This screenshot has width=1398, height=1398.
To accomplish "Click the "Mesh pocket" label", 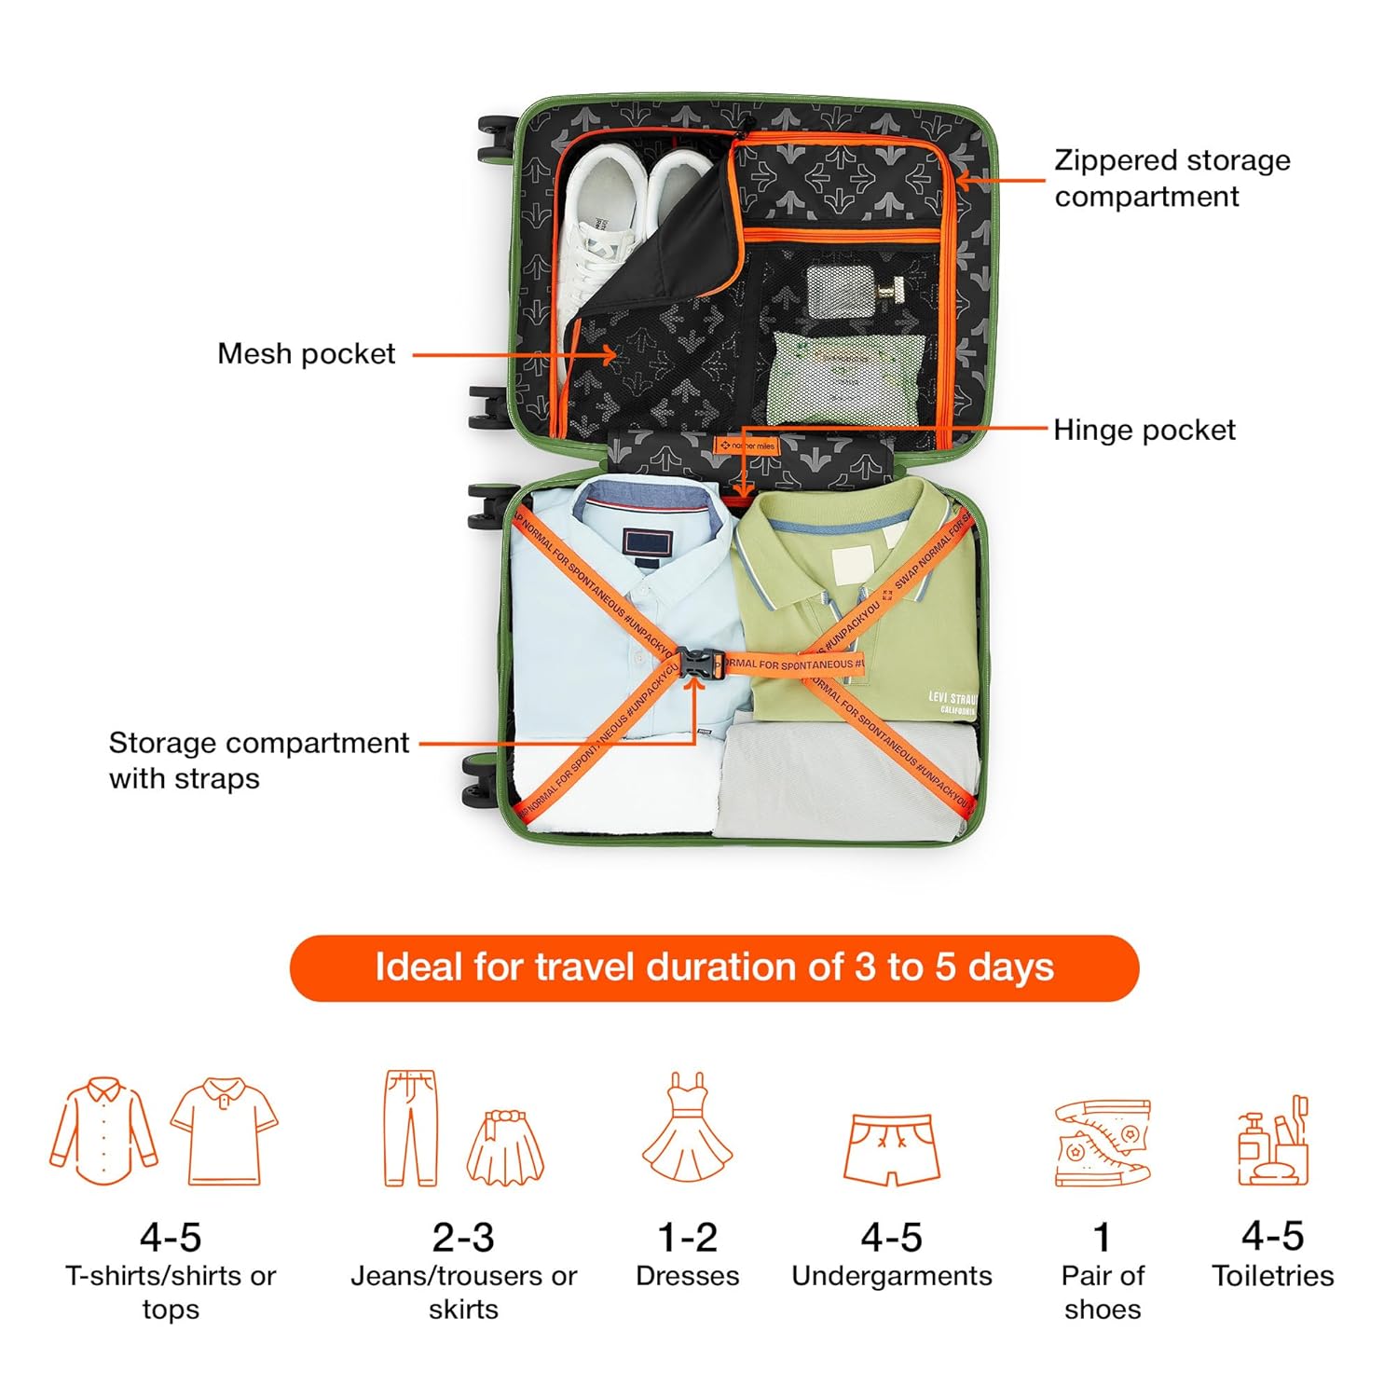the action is [306, 354].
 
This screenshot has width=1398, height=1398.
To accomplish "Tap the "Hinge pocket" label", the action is [1144, 430].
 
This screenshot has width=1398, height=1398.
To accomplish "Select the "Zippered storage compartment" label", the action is [1172, 178].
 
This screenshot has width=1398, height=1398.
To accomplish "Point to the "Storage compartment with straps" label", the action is [258, 760].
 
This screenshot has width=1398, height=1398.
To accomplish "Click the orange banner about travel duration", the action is [714, 967].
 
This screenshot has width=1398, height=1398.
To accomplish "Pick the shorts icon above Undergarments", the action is [891, 1148].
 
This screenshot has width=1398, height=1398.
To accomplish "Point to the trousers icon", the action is [411, 1128].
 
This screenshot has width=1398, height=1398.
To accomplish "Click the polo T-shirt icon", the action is [225, 1131].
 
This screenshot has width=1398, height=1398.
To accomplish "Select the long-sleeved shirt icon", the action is [103, 1131].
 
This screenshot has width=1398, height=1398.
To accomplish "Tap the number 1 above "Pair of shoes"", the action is [1102, 1238].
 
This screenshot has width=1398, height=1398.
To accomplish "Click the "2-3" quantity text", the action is [463, 1238].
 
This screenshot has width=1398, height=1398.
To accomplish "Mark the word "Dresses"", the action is [688, 1275].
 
